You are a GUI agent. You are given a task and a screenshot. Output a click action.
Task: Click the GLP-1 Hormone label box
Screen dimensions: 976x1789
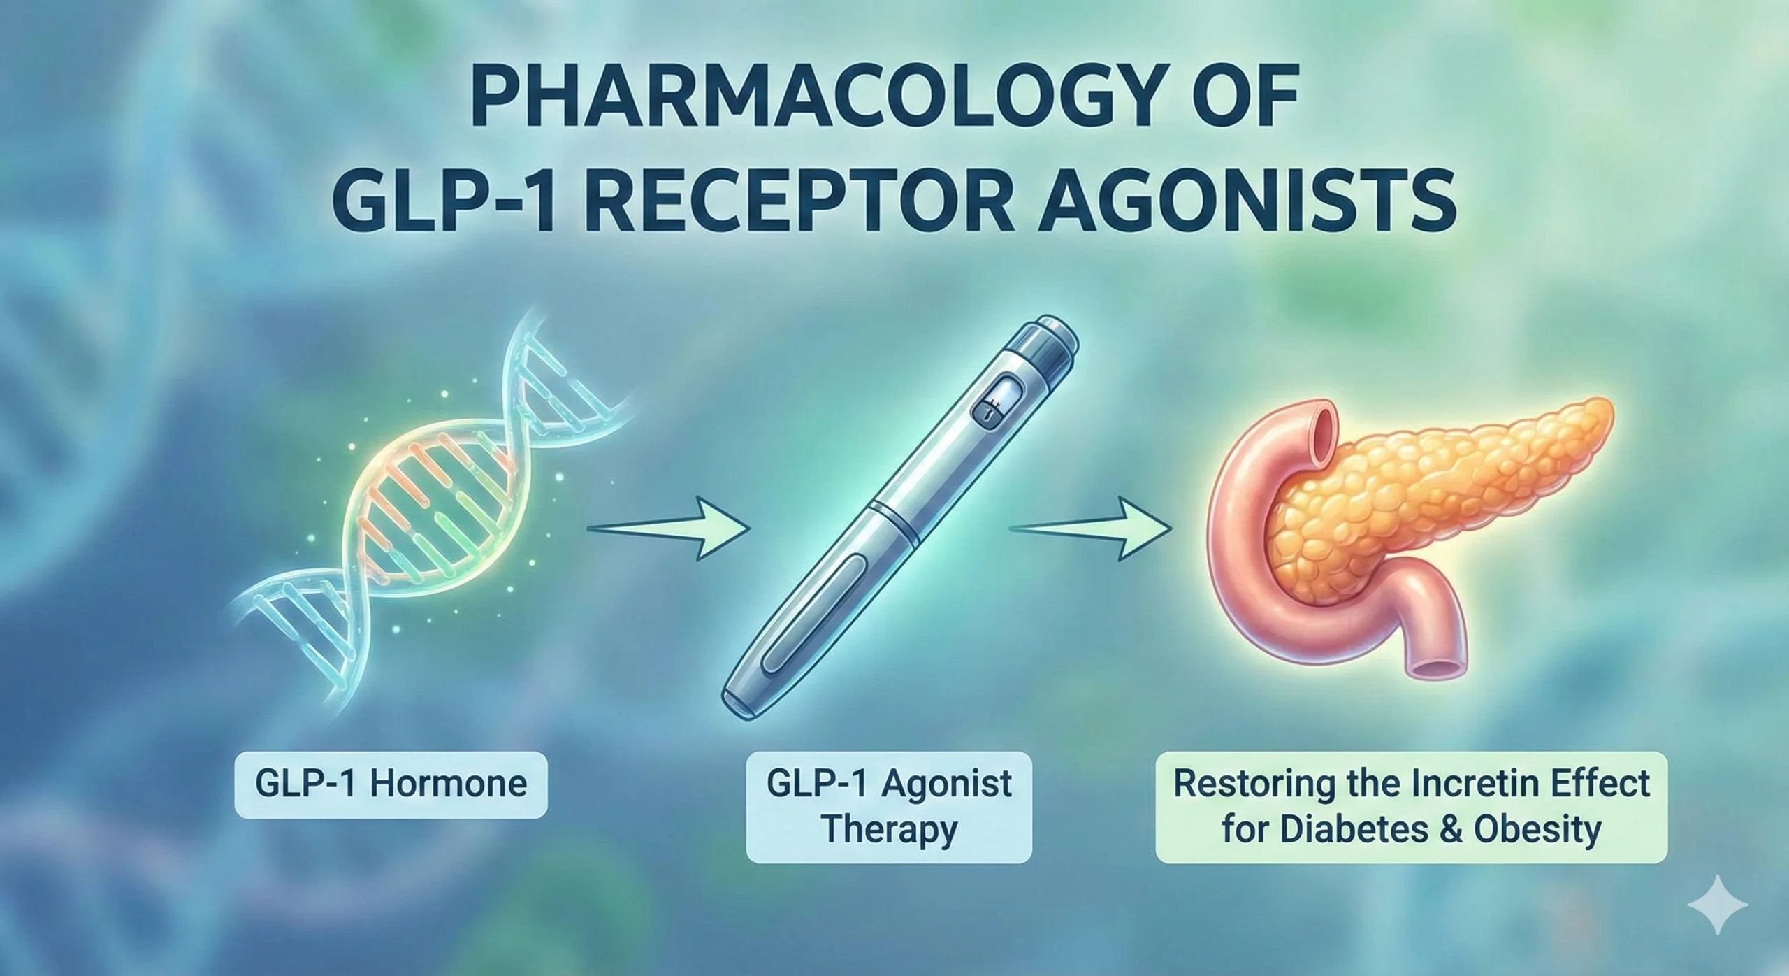[x=391, y=784]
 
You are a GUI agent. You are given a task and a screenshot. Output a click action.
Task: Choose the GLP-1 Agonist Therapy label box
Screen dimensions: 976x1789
[x=888, y=806]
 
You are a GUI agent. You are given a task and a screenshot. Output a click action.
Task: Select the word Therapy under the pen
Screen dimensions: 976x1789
[x=889, y=830]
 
